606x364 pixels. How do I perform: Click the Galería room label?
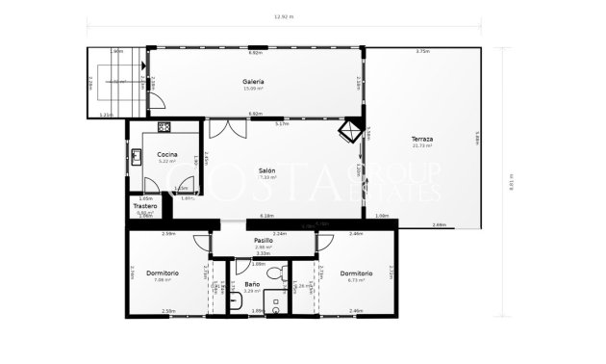pyautogui.click(x=254, y=82)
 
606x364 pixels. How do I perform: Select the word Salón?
pyautogui.click(x=266, y=170)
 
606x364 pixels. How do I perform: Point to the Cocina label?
pyautogui.click(x=167, y=154)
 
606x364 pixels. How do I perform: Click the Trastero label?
pyautogui.click(x=145, y=205)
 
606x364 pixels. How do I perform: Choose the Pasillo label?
pyautogui.click(x=264, y=240)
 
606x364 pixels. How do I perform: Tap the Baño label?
pyautogui.click(x=251, y=284)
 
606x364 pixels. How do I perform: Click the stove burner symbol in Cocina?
pyautogui.click(x=164, y=126)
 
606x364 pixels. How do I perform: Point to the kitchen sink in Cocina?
pyautogui.click(x=138, y=156)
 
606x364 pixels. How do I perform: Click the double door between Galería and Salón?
pyautogui.click(x=219, y=128)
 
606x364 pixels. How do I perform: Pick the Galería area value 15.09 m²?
pyautogui.click(x=254, y=90)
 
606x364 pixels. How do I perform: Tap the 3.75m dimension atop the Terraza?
pyautogui.click(x=421, y=51)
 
